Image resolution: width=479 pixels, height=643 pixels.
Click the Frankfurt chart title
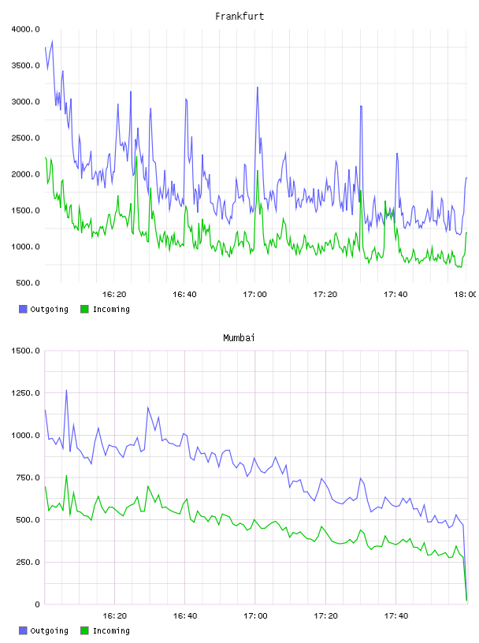point(239,17)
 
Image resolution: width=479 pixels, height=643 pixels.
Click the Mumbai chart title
point(239,338)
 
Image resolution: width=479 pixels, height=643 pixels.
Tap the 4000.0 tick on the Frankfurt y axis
point(25,29)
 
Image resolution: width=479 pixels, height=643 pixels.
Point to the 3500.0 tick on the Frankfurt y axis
point(25,65)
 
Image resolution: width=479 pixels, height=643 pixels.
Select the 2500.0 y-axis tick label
point(25,138)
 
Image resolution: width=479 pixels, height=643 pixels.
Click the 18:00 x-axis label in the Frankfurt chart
point(465,295)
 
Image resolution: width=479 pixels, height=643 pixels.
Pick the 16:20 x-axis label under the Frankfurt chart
point(114,295)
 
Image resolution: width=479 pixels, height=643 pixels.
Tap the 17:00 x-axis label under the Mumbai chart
point(255,616)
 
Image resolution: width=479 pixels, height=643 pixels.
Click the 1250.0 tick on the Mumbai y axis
point(25,393)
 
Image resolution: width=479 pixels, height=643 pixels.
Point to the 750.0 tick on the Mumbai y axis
point(28,478)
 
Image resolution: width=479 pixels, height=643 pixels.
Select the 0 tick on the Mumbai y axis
point(37,604)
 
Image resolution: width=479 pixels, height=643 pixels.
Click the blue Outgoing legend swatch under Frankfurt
point(23,309)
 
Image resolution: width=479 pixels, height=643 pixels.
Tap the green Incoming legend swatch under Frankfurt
point(84,309)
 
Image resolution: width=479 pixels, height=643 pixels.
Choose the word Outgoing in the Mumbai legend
point(49,631)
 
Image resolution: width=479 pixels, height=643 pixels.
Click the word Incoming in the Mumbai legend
point(111,631)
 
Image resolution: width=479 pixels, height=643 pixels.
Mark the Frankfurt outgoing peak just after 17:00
point(257,87)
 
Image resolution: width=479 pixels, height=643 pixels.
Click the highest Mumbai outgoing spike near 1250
point(66,390)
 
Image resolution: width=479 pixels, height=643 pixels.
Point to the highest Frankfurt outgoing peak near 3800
point(52,41)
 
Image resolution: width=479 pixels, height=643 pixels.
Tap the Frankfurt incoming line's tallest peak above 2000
point(136,156)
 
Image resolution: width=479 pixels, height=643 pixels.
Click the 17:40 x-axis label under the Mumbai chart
point(396,616)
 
